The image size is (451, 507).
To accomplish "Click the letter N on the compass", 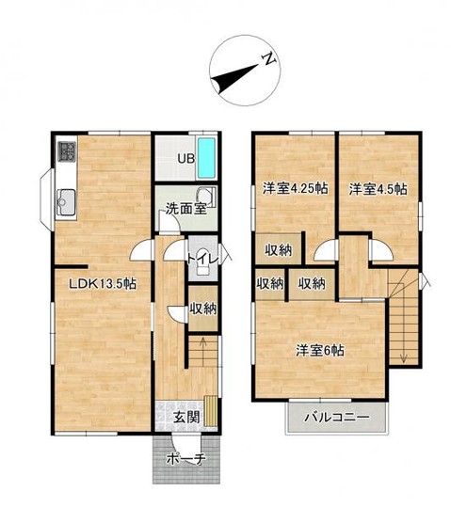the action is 269,59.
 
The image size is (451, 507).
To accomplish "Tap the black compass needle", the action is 235,77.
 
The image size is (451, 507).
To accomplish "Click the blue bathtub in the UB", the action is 206,158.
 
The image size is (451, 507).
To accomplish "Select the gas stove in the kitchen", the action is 67,151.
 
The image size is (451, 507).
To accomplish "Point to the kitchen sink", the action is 66,202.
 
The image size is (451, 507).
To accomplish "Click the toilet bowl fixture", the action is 203,261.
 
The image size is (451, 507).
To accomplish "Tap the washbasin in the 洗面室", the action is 206,197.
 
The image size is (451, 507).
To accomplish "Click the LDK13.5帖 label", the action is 104,284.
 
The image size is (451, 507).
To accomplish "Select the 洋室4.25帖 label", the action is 295,188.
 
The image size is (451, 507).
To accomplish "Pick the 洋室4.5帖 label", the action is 378,189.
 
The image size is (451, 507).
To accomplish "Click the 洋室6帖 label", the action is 320,351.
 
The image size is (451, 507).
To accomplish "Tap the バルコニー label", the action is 337,417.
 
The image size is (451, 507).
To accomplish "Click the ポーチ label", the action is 186,459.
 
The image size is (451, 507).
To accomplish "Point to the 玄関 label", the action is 185,418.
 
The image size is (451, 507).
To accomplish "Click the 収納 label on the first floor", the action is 203,309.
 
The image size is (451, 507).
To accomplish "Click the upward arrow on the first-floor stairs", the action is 203,352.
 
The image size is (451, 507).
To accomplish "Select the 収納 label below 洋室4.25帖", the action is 279,250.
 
